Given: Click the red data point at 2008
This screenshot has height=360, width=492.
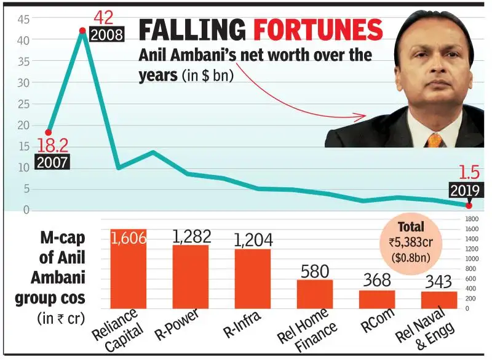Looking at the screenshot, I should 82,30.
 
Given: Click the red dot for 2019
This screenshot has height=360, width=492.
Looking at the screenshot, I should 469,206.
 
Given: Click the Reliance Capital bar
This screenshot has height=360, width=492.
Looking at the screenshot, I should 129,269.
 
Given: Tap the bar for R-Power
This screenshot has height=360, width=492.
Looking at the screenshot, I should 191,276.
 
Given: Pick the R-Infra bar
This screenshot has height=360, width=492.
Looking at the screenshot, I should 253,278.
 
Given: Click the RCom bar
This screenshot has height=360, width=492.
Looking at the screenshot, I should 377,299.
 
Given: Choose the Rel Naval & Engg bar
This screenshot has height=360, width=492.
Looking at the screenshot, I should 439,300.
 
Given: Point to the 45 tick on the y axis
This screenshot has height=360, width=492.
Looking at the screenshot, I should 23,19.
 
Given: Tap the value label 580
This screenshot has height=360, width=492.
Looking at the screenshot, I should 315,271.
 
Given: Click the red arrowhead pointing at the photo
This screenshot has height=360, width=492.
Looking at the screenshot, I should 361,114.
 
